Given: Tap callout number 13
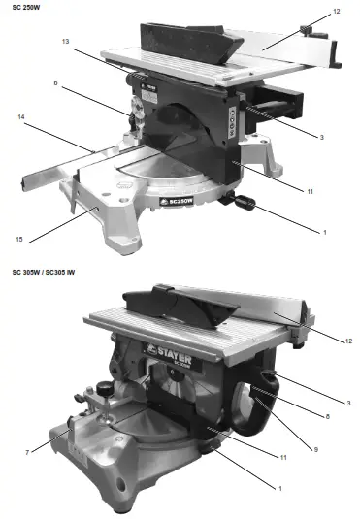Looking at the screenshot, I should click(x=64, y=42).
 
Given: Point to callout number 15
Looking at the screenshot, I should click(x=18, y=238).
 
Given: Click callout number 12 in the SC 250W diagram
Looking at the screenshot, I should click(x=336, y=12).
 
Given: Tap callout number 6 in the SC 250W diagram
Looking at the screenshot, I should click(x=55, y=83).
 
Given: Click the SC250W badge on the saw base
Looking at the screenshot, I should click(x=178, y=205).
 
